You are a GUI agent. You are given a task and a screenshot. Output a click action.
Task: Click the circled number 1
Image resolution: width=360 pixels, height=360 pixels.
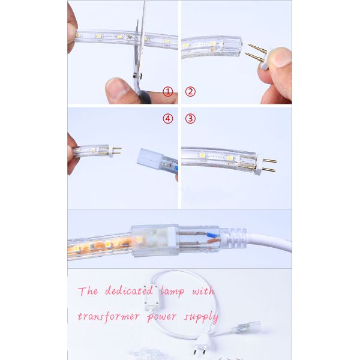click(x=168, y=92)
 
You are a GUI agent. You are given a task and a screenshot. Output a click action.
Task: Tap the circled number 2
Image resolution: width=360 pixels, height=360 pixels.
click(x=190, y=92)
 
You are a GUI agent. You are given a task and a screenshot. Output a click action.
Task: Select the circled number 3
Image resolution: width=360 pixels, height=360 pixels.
click(x=190, y=119)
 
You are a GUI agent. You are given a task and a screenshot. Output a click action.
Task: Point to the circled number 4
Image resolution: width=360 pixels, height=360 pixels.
click(x=168, y=119)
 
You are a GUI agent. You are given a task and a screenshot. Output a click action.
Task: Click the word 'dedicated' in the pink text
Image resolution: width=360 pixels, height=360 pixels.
click(x=129, y=290)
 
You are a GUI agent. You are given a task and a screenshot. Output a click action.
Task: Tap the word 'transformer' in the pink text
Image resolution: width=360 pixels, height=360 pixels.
click(x=109, y=316)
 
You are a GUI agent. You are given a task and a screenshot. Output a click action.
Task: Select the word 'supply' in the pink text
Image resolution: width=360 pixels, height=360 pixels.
click(x=201, y=317)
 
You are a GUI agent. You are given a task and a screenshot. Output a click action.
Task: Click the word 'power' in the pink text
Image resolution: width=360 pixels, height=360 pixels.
click(x=162, y=317)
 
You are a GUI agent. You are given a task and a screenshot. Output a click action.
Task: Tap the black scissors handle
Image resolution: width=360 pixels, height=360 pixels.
click(x=143, y=96)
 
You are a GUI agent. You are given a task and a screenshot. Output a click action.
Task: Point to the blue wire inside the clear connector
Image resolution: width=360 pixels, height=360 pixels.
click(x=212, y=235)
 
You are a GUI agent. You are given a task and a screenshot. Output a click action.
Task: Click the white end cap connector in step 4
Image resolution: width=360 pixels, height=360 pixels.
click(x=150, y=159)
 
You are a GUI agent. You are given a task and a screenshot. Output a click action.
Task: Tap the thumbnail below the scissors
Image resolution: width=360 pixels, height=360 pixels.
click(x=118, y=89)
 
